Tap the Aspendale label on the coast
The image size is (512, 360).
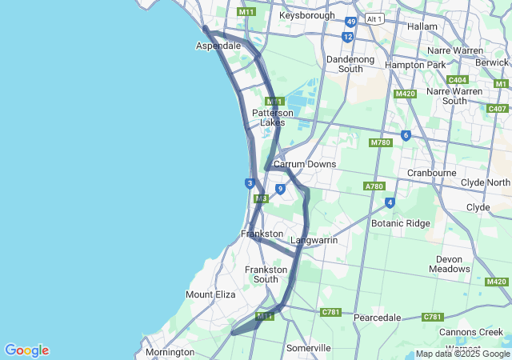218,46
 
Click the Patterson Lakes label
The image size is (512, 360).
273,118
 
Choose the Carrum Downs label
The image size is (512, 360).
304,164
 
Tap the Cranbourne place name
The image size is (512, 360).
431,172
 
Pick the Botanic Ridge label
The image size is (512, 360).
400,223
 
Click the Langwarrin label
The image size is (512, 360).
314,240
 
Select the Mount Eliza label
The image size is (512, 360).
210,294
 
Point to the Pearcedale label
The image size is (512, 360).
377,318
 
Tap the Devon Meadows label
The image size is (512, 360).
454,264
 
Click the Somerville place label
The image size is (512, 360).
309,348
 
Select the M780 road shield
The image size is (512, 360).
380,142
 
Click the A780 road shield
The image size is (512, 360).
374,186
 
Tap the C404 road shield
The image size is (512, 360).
458,80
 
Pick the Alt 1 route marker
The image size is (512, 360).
374,18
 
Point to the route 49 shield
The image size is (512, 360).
351,22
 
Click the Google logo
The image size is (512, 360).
26,350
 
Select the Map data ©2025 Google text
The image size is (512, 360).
462,354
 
